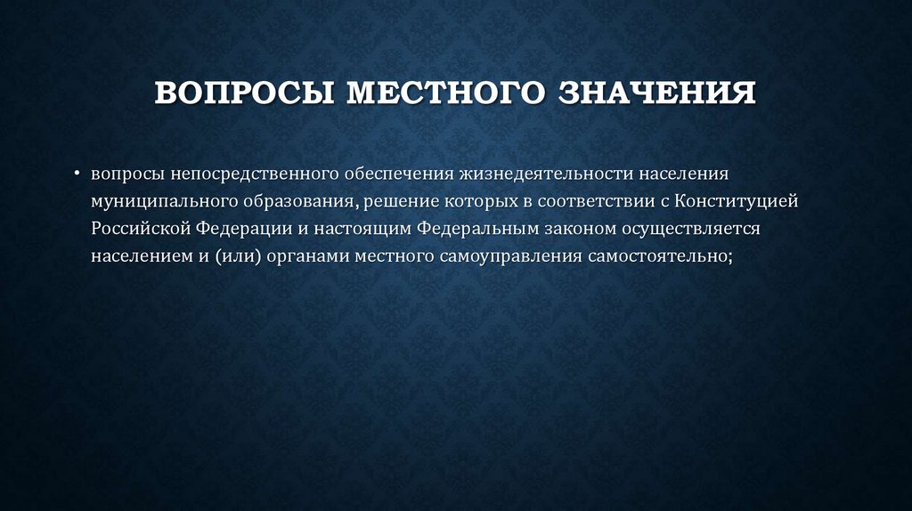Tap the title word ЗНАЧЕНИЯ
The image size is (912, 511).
click(657, 93)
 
